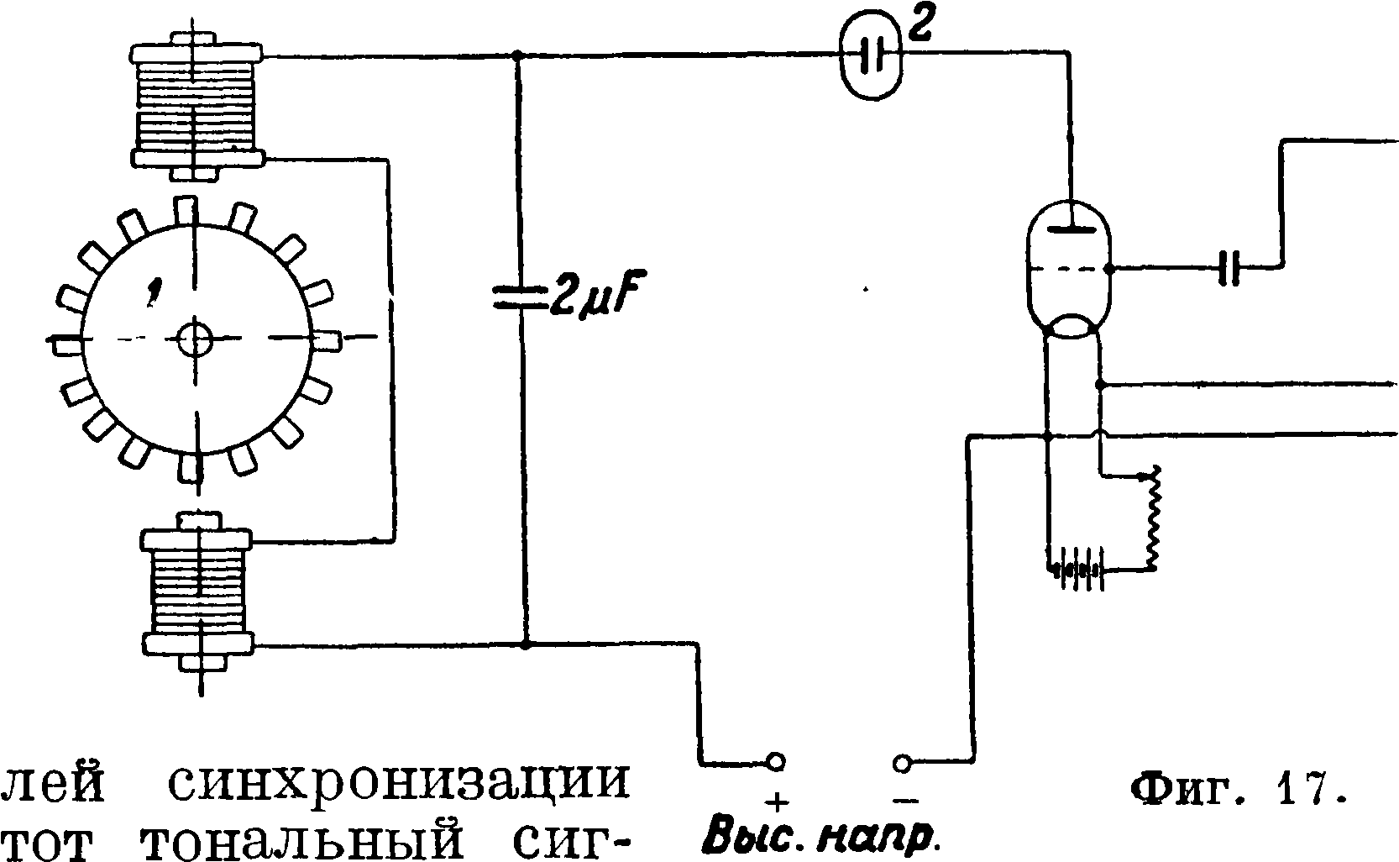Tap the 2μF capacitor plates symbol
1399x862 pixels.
tap(518, 297)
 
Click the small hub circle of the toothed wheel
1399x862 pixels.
tap(196, 339)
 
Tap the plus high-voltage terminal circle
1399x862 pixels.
tap(776, 763)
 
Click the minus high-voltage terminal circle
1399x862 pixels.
tap(902, 763)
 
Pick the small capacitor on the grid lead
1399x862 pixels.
tap(1229, 269)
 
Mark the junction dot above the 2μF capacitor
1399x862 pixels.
tap(517, 56)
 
